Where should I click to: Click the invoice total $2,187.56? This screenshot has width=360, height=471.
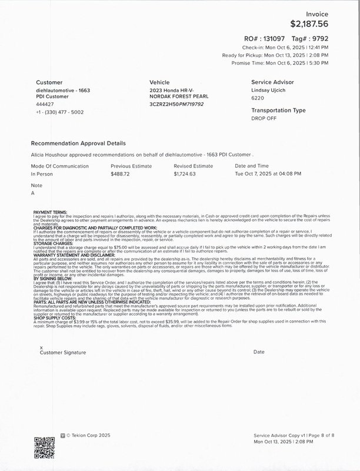pos(309,24)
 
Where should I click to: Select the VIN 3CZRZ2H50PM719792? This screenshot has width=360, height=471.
pos(176,104)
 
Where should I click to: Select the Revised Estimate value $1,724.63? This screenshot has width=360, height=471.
pos(185,174)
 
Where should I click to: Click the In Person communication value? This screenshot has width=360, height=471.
pos(42,174)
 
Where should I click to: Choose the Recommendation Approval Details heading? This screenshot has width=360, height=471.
pos(78,143)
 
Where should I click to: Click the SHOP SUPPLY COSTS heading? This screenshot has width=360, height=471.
pos(53,317)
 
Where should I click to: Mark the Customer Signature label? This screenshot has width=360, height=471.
pos(62,352)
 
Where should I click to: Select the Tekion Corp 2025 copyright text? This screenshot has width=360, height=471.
pos(88,436)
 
